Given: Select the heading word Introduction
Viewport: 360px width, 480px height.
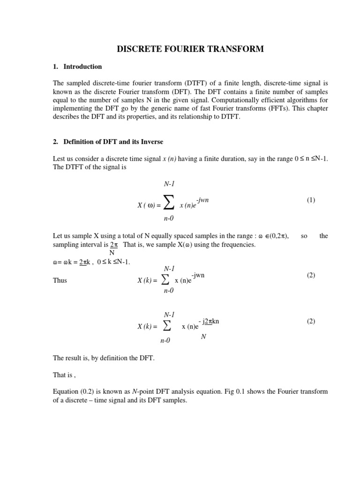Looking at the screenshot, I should point(82,67).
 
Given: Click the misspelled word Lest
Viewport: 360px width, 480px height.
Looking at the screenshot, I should point(60,159).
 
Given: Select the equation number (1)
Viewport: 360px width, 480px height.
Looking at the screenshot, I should point(311,200).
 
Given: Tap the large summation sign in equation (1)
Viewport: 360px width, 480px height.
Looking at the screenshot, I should point(169,202).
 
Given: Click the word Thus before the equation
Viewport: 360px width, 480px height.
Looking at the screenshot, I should point(60,280).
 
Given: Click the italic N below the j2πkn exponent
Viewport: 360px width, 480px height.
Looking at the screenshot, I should point(203,337).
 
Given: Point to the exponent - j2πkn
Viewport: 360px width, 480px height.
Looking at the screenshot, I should point(209,322).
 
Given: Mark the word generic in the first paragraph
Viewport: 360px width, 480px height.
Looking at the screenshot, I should point(165,108).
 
